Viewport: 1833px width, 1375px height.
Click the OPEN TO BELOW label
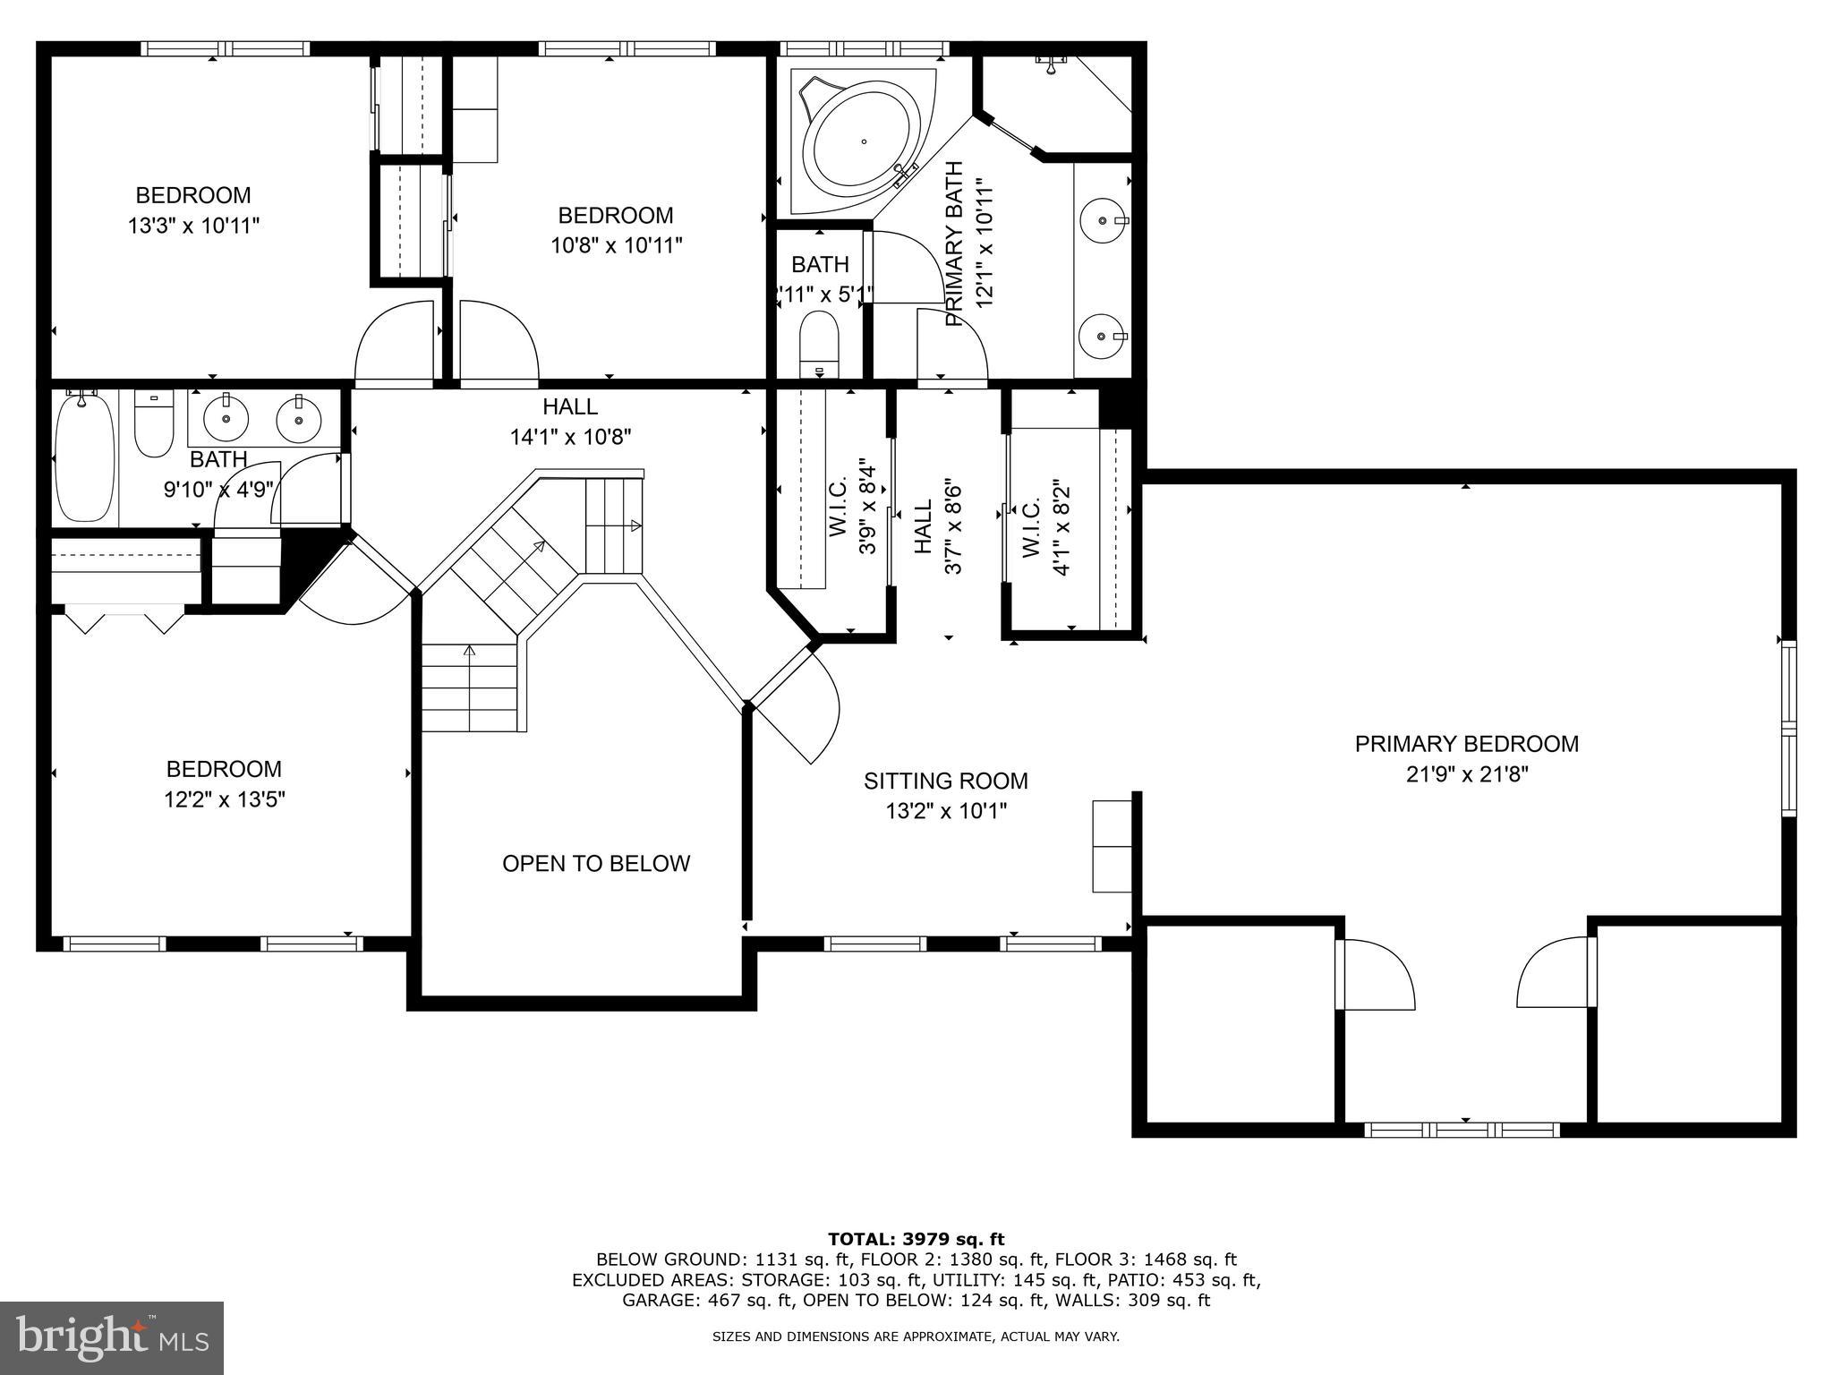tap(596, 864)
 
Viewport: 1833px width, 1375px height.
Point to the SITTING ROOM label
tap(945, 781)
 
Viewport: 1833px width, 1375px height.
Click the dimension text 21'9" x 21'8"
tap(1466, 774)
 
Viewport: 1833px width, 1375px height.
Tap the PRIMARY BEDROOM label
tap(1466, 744)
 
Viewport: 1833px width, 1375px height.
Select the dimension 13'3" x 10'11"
tap(193, 226)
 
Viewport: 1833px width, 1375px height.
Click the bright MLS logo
tap(111, 1337)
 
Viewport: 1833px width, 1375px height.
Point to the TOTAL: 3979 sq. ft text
tap(916, 1240)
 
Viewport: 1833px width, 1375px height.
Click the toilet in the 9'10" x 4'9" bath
tap(153, 424)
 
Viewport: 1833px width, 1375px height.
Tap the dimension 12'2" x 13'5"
tap(224, 799)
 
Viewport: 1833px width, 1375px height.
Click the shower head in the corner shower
tap(1051, 61)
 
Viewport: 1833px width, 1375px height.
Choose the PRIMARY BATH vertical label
tap(954, 243)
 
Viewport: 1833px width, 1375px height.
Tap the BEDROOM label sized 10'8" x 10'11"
tap(615, 216)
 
